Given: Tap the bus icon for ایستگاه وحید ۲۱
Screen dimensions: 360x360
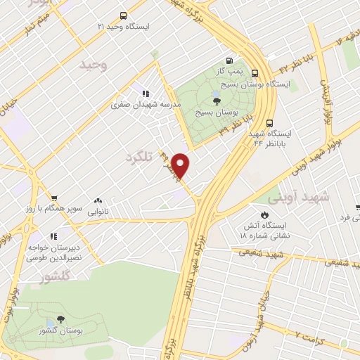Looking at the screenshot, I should [124, 15].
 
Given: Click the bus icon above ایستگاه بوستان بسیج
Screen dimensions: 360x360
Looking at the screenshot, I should [255, 72].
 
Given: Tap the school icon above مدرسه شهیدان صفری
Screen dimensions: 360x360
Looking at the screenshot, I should [146, 94].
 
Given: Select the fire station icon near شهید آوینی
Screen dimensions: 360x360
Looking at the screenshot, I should [264, 214].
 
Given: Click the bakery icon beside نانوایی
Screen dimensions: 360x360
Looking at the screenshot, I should [97, 200].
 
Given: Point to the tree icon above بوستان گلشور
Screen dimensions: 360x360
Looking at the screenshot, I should [60, 319].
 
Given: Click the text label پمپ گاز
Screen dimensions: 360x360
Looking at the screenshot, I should [230, 72].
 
